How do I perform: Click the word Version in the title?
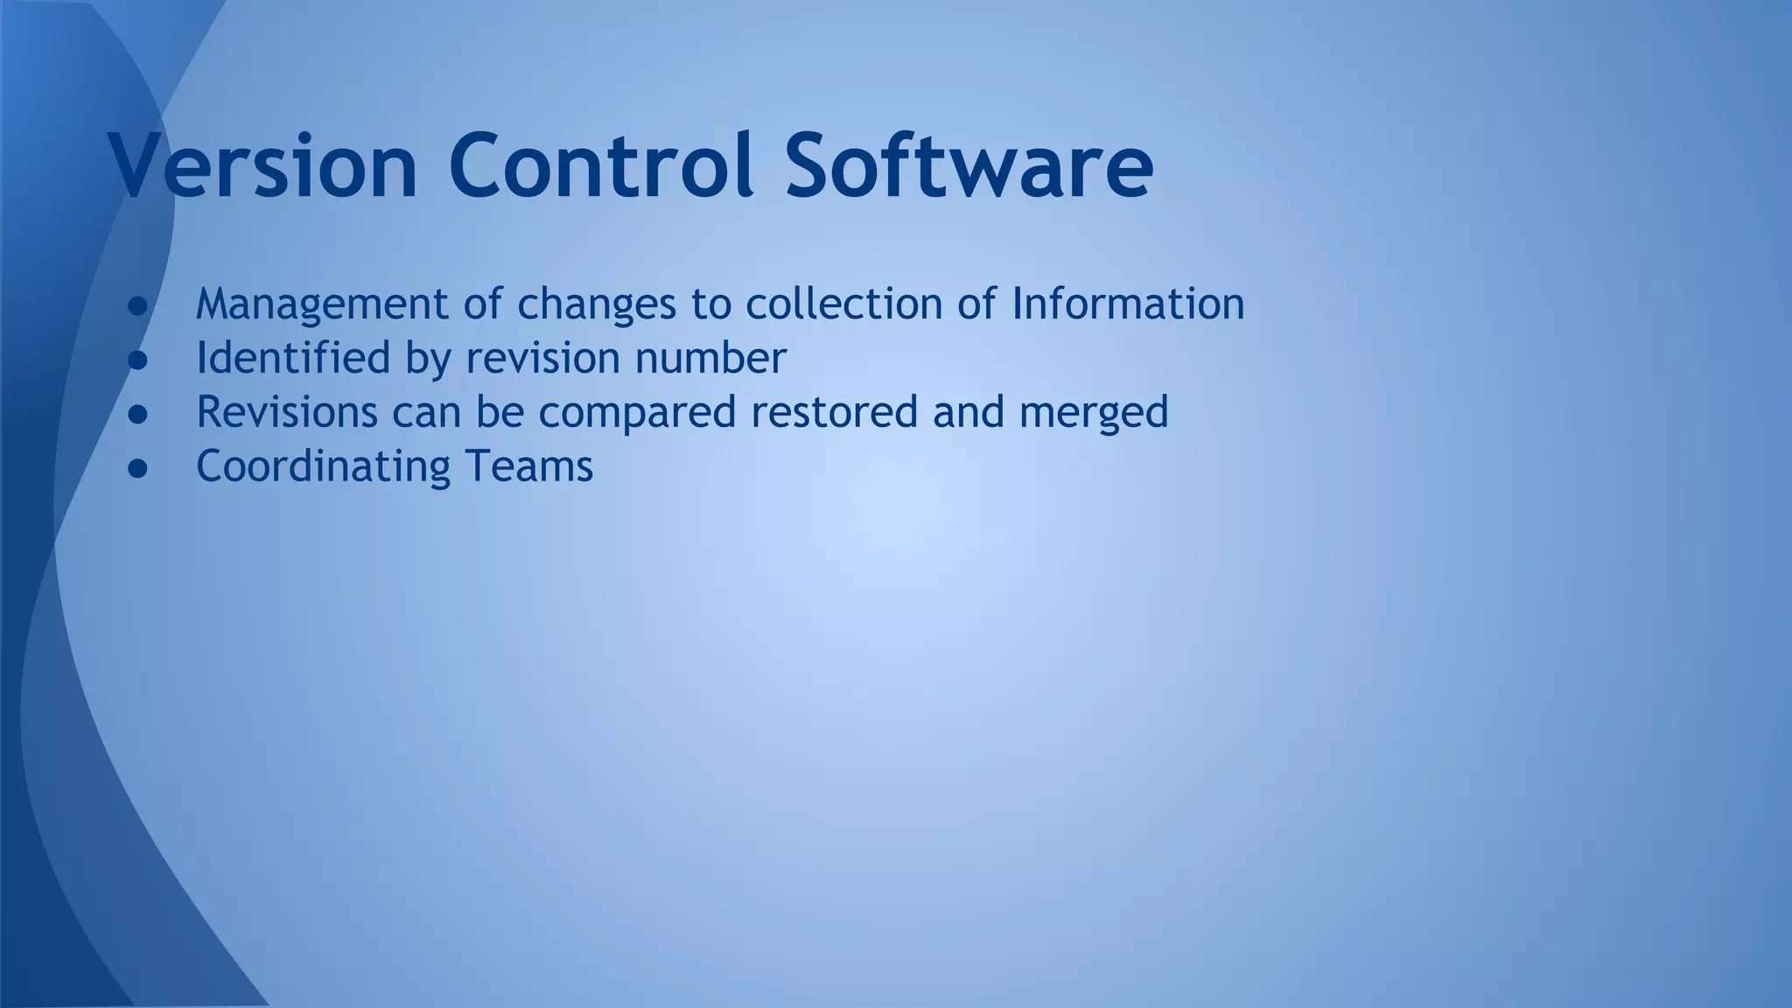click(x=262, y=165)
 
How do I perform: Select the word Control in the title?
click(x=601, y=165)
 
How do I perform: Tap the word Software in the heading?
click(x=969, y=165)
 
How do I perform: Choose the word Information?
click(x=1128, y=304)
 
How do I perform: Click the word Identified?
click(x=292, y=358)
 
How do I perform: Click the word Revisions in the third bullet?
click(x=286, y=411)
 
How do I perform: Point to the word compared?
click(x=637, y=413)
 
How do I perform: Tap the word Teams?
click(x=529, y=465)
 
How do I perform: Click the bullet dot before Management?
click(x=137, y=306)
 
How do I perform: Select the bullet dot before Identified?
click(x=137, y=360)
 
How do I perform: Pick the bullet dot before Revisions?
click(x=137, y=414)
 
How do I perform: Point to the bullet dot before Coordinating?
click(x=137, y=468)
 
